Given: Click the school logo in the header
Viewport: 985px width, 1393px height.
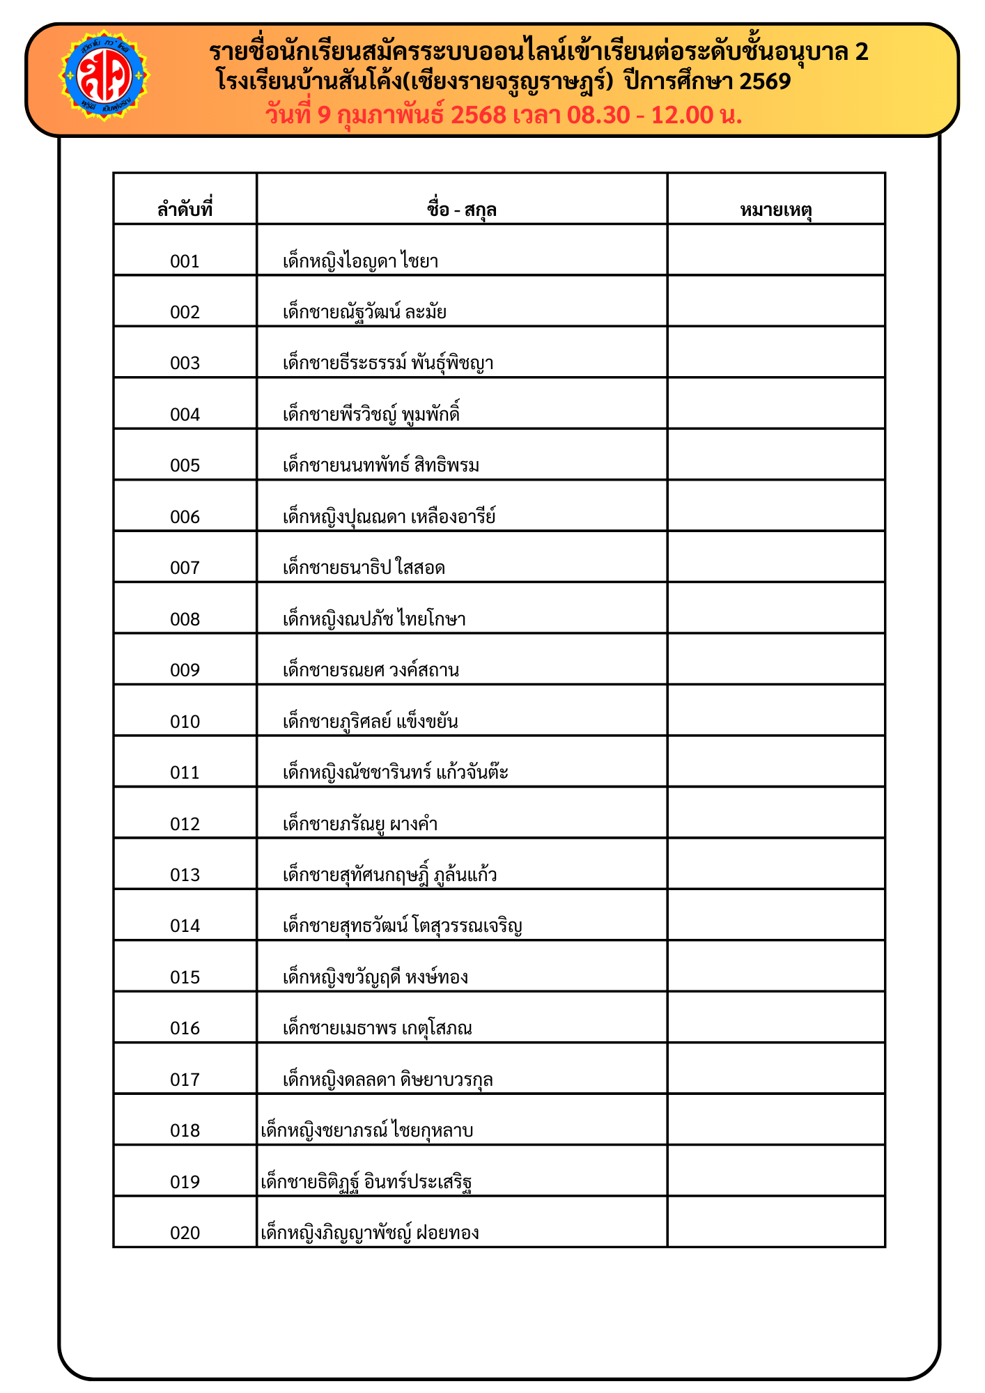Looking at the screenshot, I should [104, 75].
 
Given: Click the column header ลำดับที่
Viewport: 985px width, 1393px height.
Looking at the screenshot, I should [185, 210].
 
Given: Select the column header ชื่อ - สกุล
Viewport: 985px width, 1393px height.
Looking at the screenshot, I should [461, 210].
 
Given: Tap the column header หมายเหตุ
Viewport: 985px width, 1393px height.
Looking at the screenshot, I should [776, 210].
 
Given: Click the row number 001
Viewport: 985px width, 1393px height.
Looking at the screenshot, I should [185, 261].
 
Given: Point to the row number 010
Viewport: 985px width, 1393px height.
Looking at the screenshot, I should [185, 722].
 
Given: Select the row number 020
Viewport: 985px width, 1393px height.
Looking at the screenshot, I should [185, 1233].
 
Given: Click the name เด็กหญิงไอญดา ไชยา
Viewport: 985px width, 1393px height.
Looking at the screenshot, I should [360, 261].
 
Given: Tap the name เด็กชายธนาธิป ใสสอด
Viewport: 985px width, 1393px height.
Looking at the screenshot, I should [364, 568].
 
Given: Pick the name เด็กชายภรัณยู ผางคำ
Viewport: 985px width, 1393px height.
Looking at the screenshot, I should [360, 824].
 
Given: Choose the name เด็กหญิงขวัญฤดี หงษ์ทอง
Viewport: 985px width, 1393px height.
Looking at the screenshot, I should [375, 977].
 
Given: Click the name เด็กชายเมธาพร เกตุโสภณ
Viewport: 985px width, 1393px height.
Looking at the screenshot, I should [377, 1028].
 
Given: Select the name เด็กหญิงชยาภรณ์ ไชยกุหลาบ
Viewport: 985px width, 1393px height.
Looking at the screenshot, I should [366, 1130].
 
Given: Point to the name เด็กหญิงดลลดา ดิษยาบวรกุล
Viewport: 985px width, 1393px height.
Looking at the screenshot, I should [387, 1080].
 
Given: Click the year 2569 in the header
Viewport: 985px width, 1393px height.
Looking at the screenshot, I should [765, 82].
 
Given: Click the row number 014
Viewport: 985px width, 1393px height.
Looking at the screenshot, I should [185, 926].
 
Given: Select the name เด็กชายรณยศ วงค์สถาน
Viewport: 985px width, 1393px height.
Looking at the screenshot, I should [371, 670].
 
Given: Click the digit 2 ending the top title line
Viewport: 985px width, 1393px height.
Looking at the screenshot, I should [861, 52].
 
